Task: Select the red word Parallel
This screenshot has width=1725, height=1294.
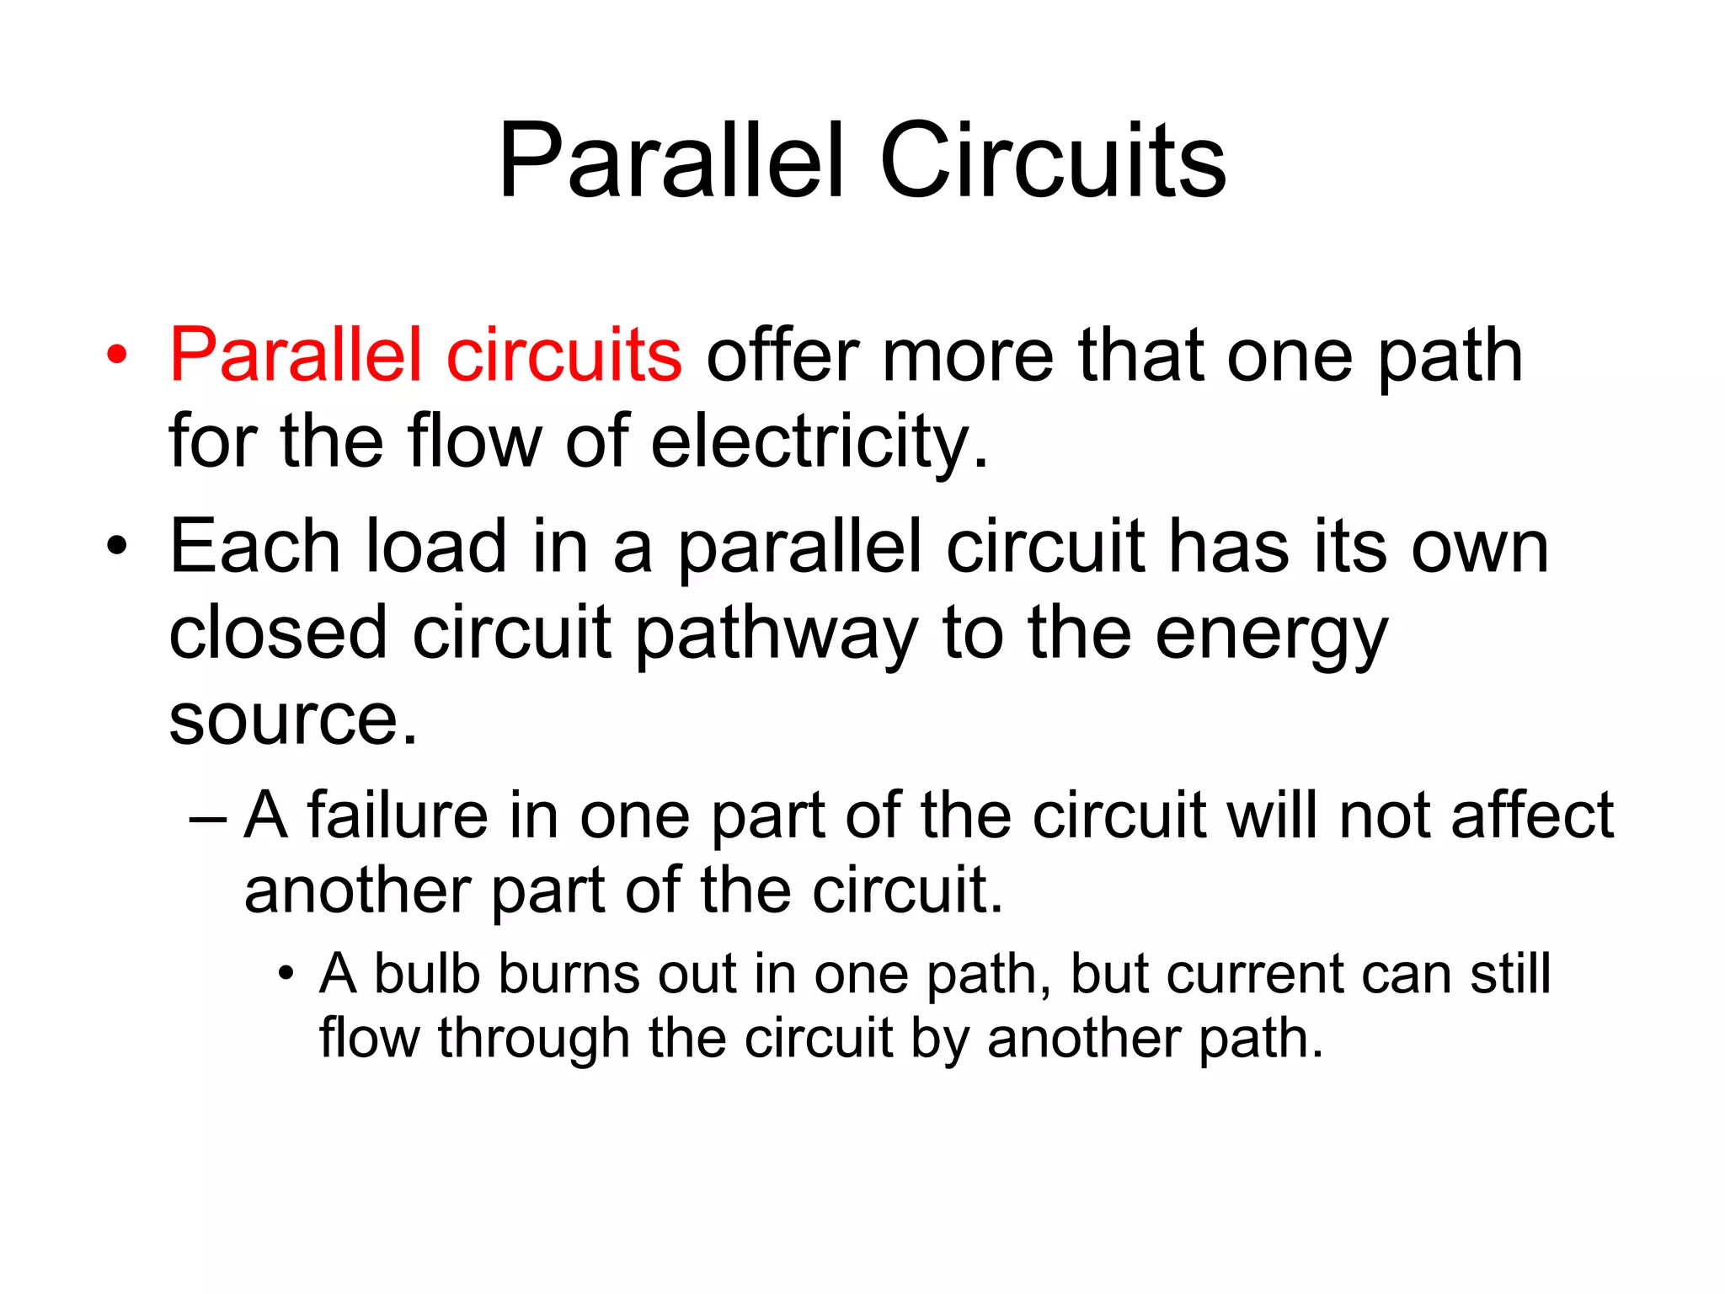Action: pyautogui.click(x=295, y=355)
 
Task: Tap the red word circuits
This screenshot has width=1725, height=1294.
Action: pyautogui.click(x=563, y=355)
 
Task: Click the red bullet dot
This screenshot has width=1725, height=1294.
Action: pyautogui.click(x=117, y=356)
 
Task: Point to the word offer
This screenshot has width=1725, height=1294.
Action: pyautogui.click(x=782, y=355)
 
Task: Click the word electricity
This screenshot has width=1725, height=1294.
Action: pyautogui.click(x=820, y=441)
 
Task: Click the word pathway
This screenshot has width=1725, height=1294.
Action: pyautogui.click(x=776, y=634)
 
